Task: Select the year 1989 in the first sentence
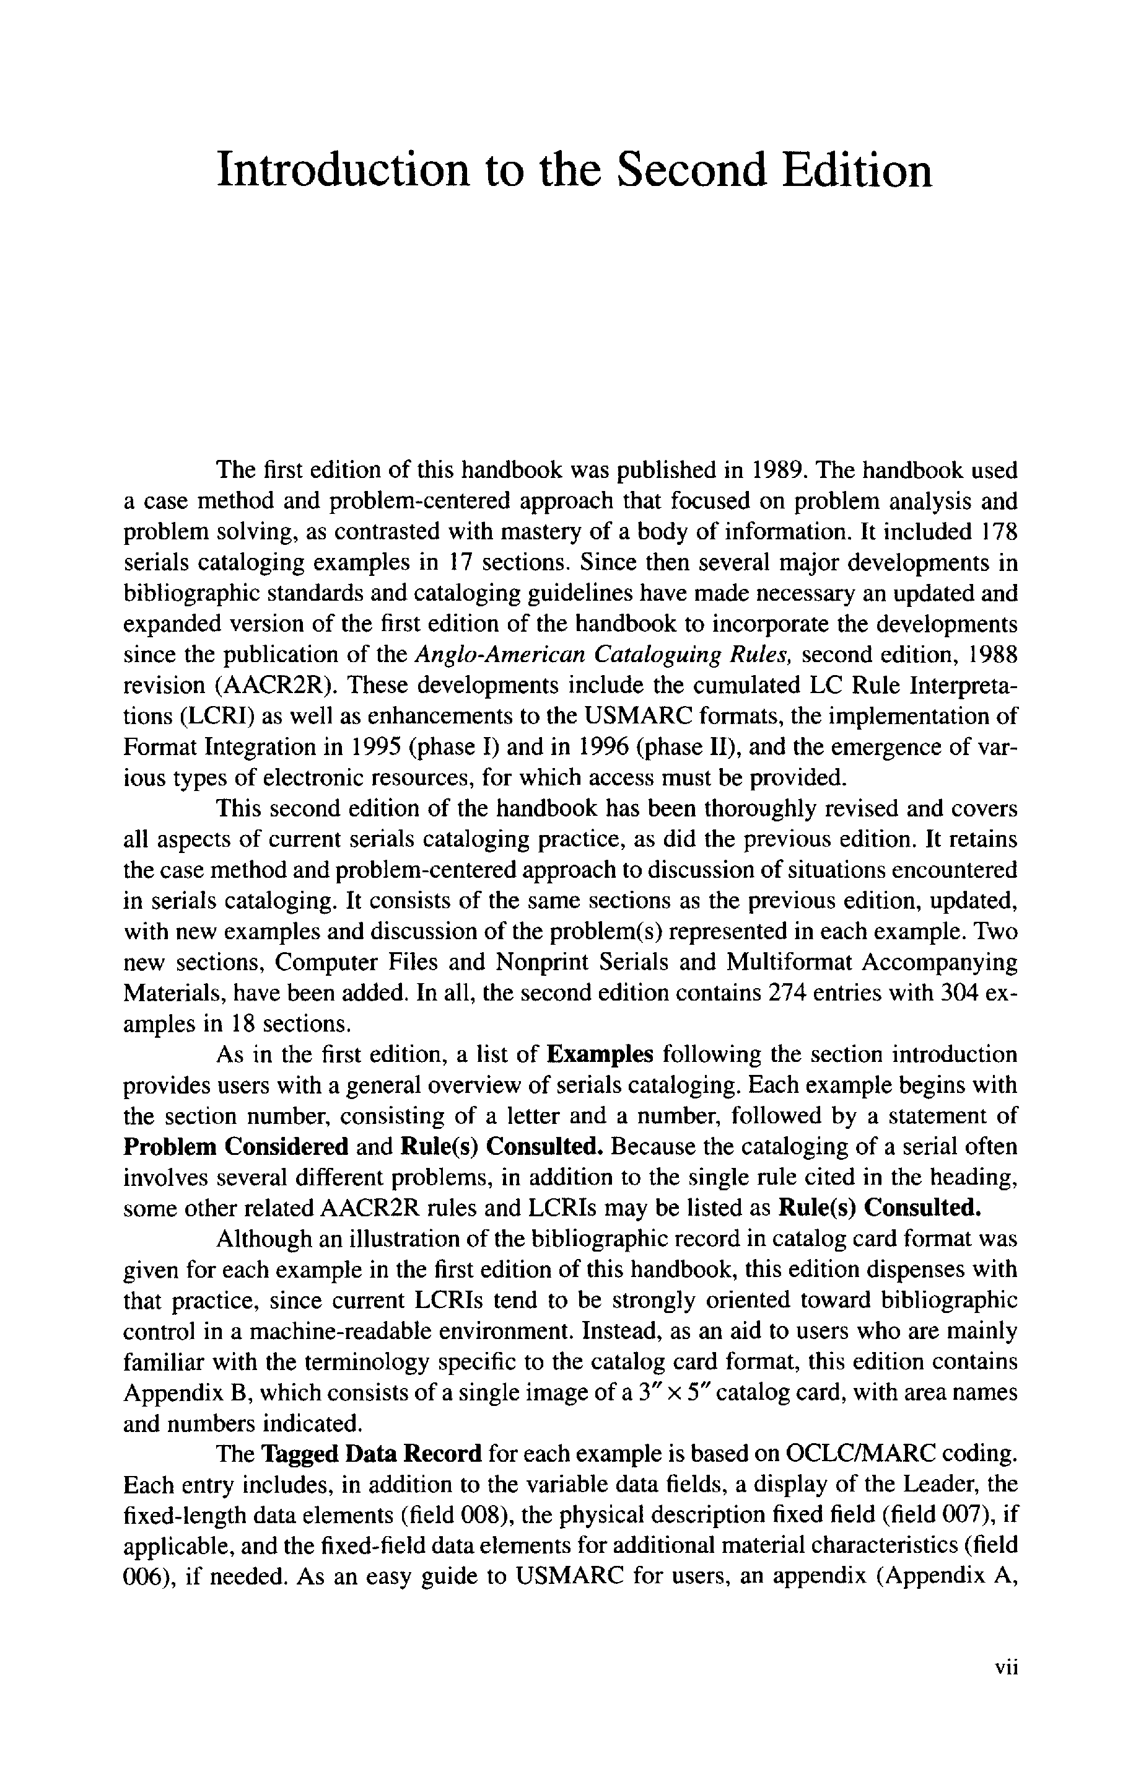tap(777, 471)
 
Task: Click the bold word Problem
tap(170, 1147)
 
